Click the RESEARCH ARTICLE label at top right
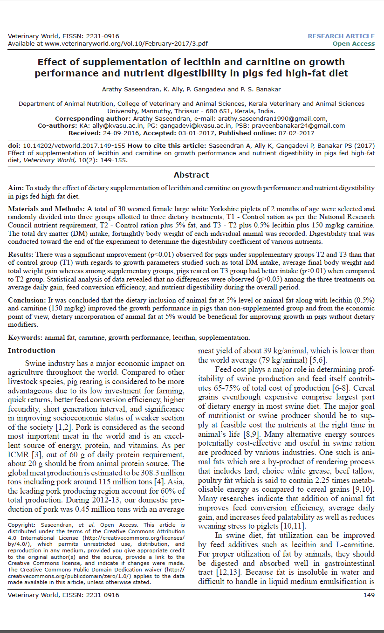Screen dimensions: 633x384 [x=341, y=36]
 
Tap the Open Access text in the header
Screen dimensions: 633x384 [x=353, y=43]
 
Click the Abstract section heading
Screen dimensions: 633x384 [x=192, y=175]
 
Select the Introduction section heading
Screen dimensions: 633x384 [x=32, y=351]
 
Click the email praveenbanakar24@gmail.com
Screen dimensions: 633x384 [x=298, y=125]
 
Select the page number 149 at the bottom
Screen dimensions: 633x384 [x=369, y=595]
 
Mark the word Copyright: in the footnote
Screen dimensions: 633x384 [x=23, y=524]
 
